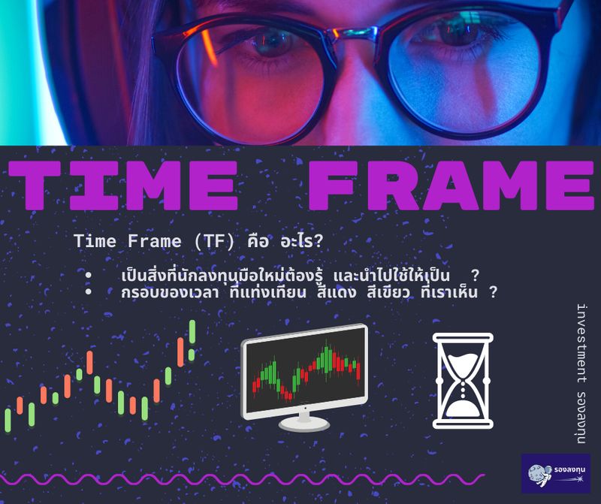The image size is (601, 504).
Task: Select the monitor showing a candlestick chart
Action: (x=304, y=372)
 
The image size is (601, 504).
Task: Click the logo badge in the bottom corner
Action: (x=555, y=473)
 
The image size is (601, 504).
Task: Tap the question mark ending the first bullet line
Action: (x=475, y=275)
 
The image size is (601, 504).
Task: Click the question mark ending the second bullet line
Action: (x=492, y=293)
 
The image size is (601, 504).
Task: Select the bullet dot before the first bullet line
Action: (x=89, y=276)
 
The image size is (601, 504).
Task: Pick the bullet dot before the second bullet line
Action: (x=89, y=292)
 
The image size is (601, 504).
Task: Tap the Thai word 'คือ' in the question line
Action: (x=258, y=242)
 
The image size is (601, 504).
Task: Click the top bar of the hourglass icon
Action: (x=463, y=338)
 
